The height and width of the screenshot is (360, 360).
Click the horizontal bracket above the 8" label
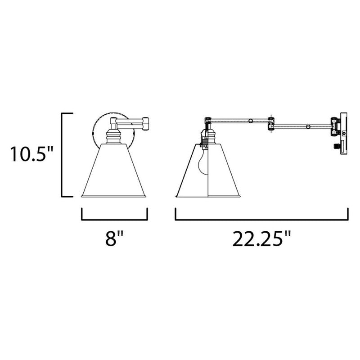114,218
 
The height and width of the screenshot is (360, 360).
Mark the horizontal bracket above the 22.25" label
261,218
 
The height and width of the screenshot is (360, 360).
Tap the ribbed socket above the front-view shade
113,135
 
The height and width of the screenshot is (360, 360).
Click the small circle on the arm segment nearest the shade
251,121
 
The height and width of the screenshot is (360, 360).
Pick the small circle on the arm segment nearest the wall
308,127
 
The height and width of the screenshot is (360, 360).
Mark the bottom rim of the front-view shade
114,196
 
